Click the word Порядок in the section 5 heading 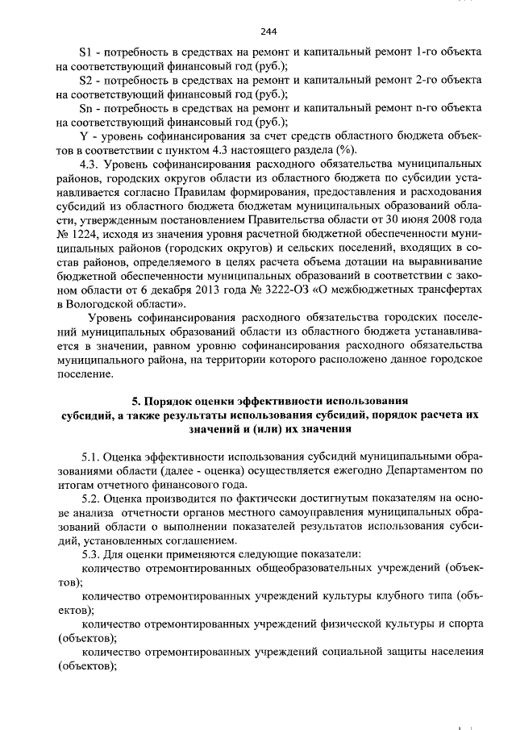pos(178,401)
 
